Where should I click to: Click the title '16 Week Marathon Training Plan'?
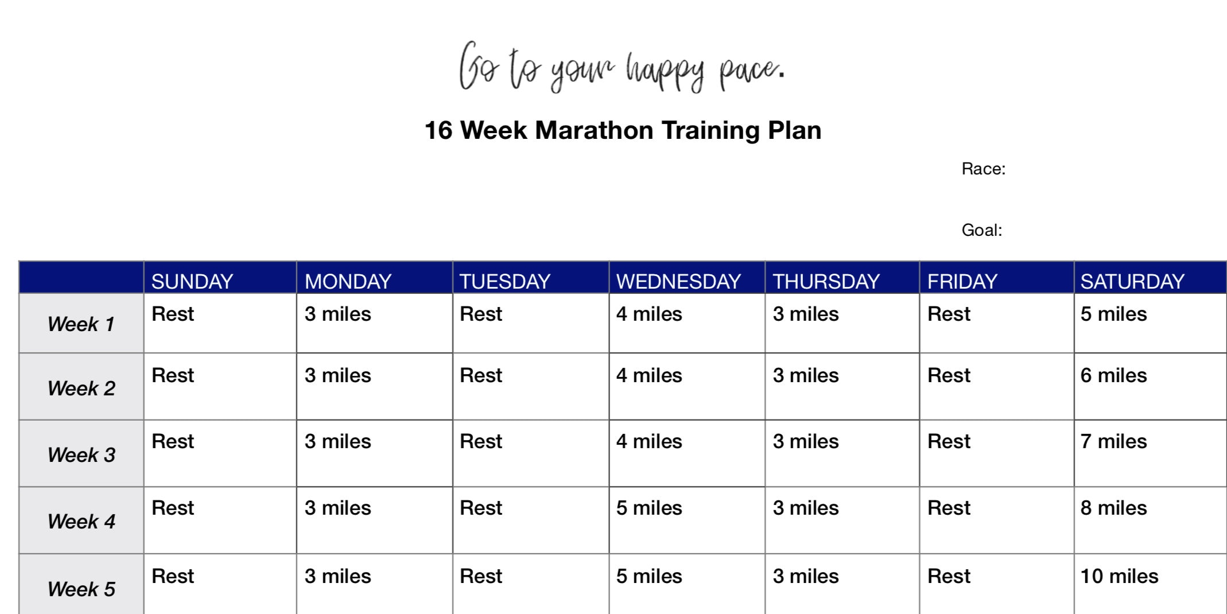(623, 130)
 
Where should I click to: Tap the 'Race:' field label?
(983, 169)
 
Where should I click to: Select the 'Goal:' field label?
(981, 230)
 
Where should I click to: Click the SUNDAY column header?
(192, 281)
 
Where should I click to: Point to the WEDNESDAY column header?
(678, 281)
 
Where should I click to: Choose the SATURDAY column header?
(1132, 281)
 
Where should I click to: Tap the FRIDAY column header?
(962, 281)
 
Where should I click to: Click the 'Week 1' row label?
(81, 324)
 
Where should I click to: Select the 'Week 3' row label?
(81, 455)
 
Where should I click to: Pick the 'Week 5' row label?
(81, 589)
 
